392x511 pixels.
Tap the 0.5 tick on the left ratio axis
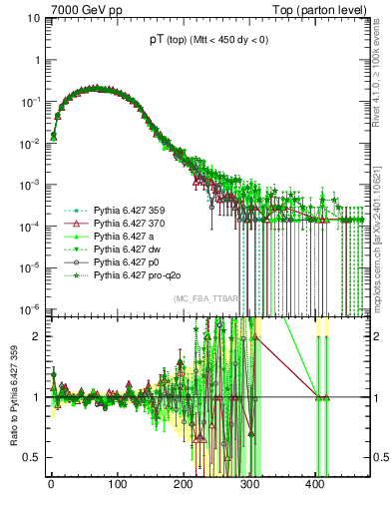[34, 457]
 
